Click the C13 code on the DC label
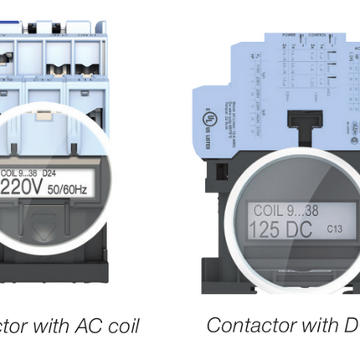coord(334,229)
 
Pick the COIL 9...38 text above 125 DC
coord(285,211)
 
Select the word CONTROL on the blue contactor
coord(320,35)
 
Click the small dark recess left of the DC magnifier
coord(222,172)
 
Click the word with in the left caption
coord(42,326)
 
